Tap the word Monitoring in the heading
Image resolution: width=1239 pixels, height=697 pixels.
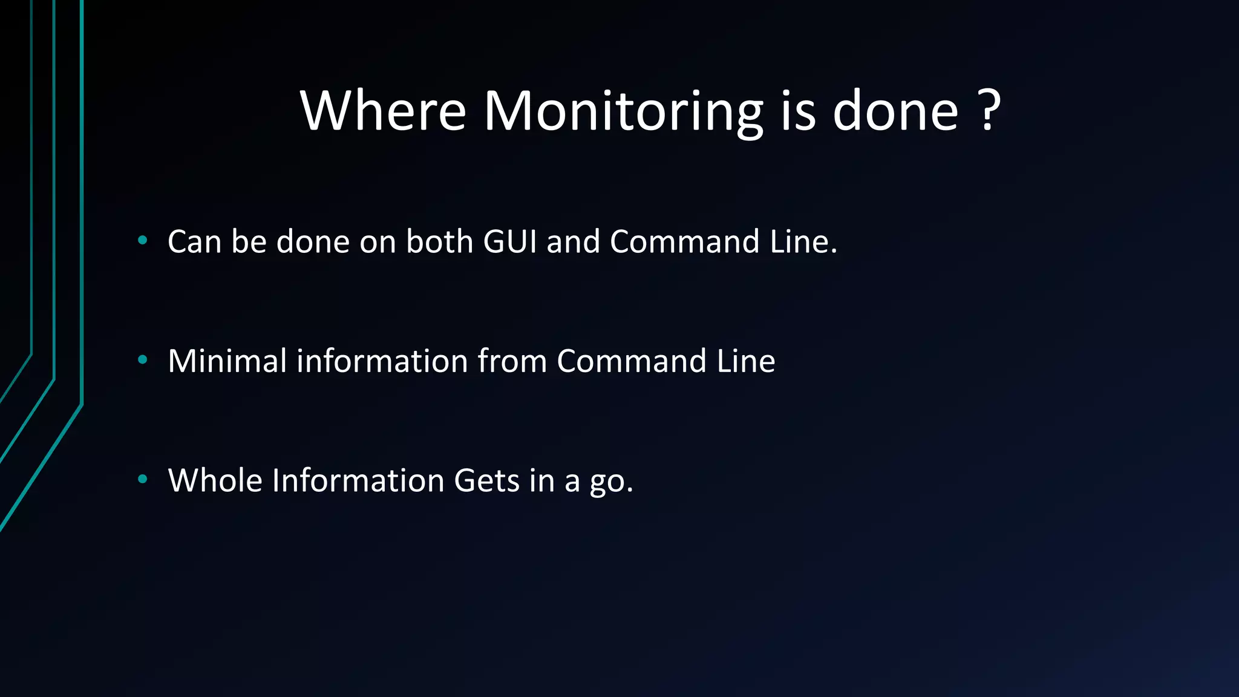(623, 112)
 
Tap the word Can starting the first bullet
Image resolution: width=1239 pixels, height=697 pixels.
(194, 241)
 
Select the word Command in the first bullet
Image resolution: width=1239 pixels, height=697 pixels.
(684, 241)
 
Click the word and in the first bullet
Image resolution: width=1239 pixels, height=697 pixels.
(574, 241)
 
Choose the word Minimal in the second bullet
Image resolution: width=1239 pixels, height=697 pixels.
(227, 361)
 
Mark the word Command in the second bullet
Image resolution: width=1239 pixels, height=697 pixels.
(631, 361)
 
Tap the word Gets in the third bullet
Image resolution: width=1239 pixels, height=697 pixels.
(486, 480)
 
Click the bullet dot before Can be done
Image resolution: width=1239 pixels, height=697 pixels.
(143, 241)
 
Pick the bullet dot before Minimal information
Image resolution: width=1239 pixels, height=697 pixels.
(143, 360)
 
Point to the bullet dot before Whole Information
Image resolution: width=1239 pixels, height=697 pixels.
(143, 479)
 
